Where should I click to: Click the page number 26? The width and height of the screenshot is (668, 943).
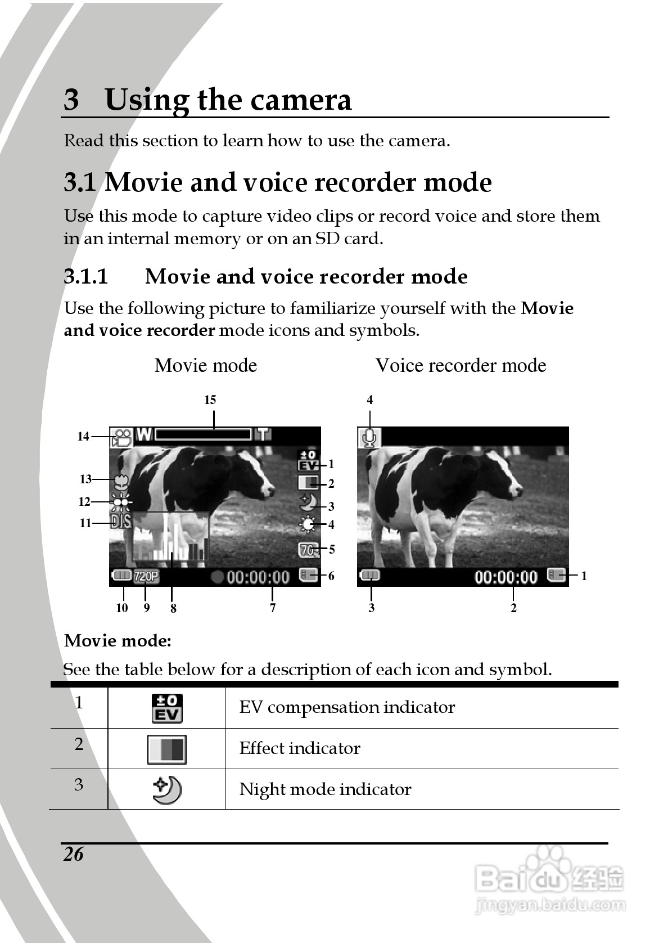click(x=74, y=854)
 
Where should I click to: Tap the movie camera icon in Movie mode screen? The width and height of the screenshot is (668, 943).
click(x=121, y=437)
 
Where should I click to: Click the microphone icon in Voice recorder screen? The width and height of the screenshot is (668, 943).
click(x=369, y=437)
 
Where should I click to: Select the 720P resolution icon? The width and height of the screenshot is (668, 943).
click(x=146, y=576)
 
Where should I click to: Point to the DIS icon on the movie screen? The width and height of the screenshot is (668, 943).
click(x=120, y=522)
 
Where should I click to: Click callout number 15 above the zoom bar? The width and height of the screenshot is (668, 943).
click(x=210, y=400)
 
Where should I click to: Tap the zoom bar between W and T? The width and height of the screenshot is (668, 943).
click(x=203, y=434)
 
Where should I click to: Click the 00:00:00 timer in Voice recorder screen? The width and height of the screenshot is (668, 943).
click(x=506, y=577)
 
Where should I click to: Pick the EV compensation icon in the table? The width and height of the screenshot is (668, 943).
click(x=167, y=708)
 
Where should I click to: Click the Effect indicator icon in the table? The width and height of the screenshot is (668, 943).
click(x=167, y=749)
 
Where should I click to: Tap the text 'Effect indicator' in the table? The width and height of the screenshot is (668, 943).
click(x=300, y=748)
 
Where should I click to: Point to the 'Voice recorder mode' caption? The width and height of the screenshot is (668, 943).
click(x=461, y=366)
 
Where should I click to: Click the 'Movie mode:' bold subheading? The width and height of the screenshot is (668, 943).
click(x=118, y=641)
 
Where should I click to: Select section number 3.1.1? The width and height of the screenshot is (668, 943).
click(x=85, y=277)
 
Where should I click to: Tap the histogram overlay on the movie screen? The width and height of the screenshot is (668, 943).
click(x=170, y=539)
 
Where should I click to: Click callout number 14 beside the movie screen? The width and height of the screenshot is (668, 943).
click(x=83, y=437)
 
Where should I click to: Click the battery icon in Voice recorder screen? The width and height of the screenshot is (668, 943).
click(x=369, y=576)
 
